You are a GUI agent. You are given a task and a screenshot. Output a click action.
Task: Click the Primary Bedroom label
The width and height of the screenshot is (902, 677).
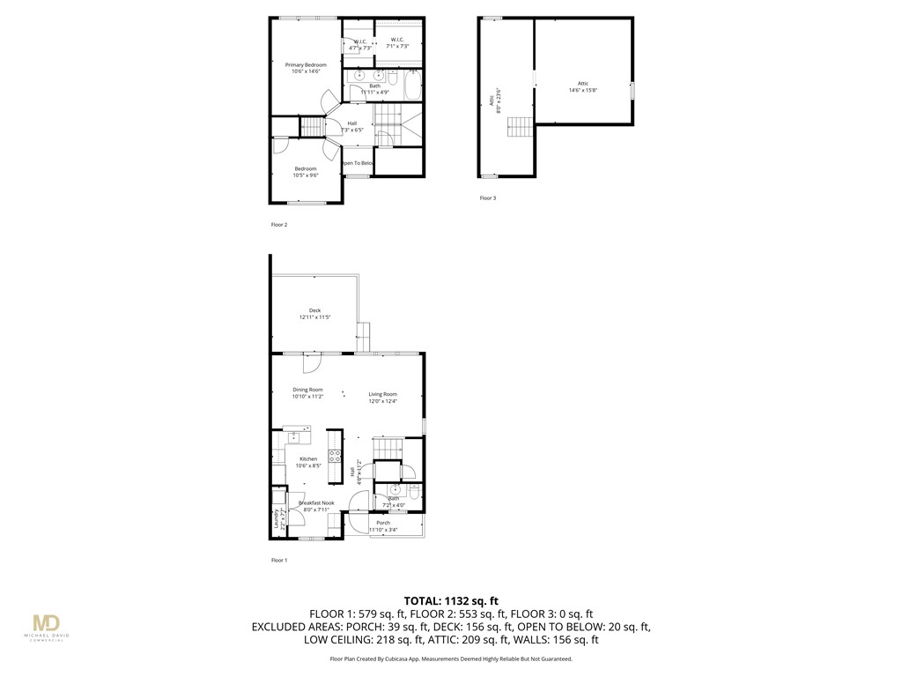pyautogui.click(x=306, y=68)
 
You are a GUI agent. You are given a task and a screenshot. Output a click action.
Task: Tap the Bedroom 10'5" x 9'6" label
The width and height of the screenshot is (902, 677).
pyautogui.click(x=306, y=172)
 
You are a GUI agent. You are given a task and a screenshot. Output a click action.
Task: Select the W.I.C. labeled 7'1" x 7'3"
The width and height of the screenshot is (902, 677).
pyautogui.click(x=397, y=43)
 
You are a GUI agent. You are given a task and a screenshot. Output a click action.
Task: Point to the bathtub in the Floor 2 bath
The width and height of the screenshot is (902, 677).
pyautogui.click(x=412, y=86)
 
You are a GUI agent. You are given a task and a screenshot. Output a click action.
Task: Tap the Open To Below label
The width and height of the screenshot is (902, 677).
pyautogui.click(x=358, y=163)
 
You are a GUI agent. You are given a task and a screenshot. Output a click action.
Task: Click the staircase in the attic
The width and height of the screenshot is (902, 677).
pyautogui.click(x=520, y=127)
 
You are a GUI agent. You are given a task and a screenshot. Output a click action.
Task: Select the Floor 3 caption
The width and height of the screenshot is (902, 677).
pyautogui.click(x=487, y=198)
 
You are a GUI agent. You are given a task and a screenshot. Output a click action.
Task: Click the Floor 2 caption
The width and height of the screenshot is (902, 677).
pyautogui.click(x=278, y=225)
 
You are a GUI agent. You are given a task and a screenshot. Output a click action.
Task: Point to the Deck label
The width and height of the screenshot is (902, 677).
pyautogui.click(x=314, y=313)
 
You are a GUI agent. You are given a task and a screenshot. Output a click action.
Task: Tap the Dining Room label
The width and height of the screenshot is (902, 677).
pyautogui.click(x=307, y=393)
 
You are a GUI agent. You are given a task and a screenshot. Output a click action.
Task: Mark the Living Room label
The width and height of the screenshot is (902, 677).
pyautogui.click(x=383, y=398)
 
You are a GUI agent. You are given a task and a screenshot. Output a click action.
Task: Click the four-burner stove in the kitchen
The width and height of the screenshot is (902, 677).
pyautogui.click(x=335, y=456)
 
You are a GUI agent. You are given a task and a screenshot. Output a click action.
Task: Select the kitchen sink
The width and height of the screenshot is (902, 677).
pyautogui.click(x=294, y=436)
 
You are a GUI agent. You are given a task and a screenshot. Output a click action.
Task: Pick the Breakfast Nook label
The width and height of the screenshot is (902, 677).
pyautogui.click(x=316, y=506)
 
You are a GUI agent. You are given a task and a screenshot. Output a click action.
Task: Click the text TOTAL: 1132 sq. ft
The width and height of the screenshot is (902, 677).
pyautogui.click(x=450, y=599)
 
